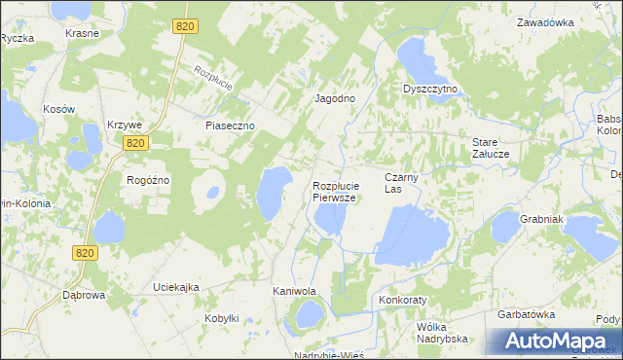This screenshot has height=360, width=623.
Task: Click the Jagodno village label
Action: point(333,99)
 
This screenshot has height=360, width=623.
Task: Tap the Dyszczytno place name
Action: point(430,89)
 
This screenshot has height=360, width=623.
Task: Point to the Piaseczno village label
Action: point(230,126)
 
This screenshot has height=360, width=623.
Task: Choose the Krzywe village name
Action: point(126,126)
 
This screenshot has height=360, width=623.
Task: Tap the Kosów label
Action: point(58,110)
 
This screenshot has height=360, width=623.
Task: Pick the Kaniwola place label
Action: point(294,291)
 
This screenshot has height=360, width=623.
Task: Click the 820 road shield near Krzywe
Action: point(135,143)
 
